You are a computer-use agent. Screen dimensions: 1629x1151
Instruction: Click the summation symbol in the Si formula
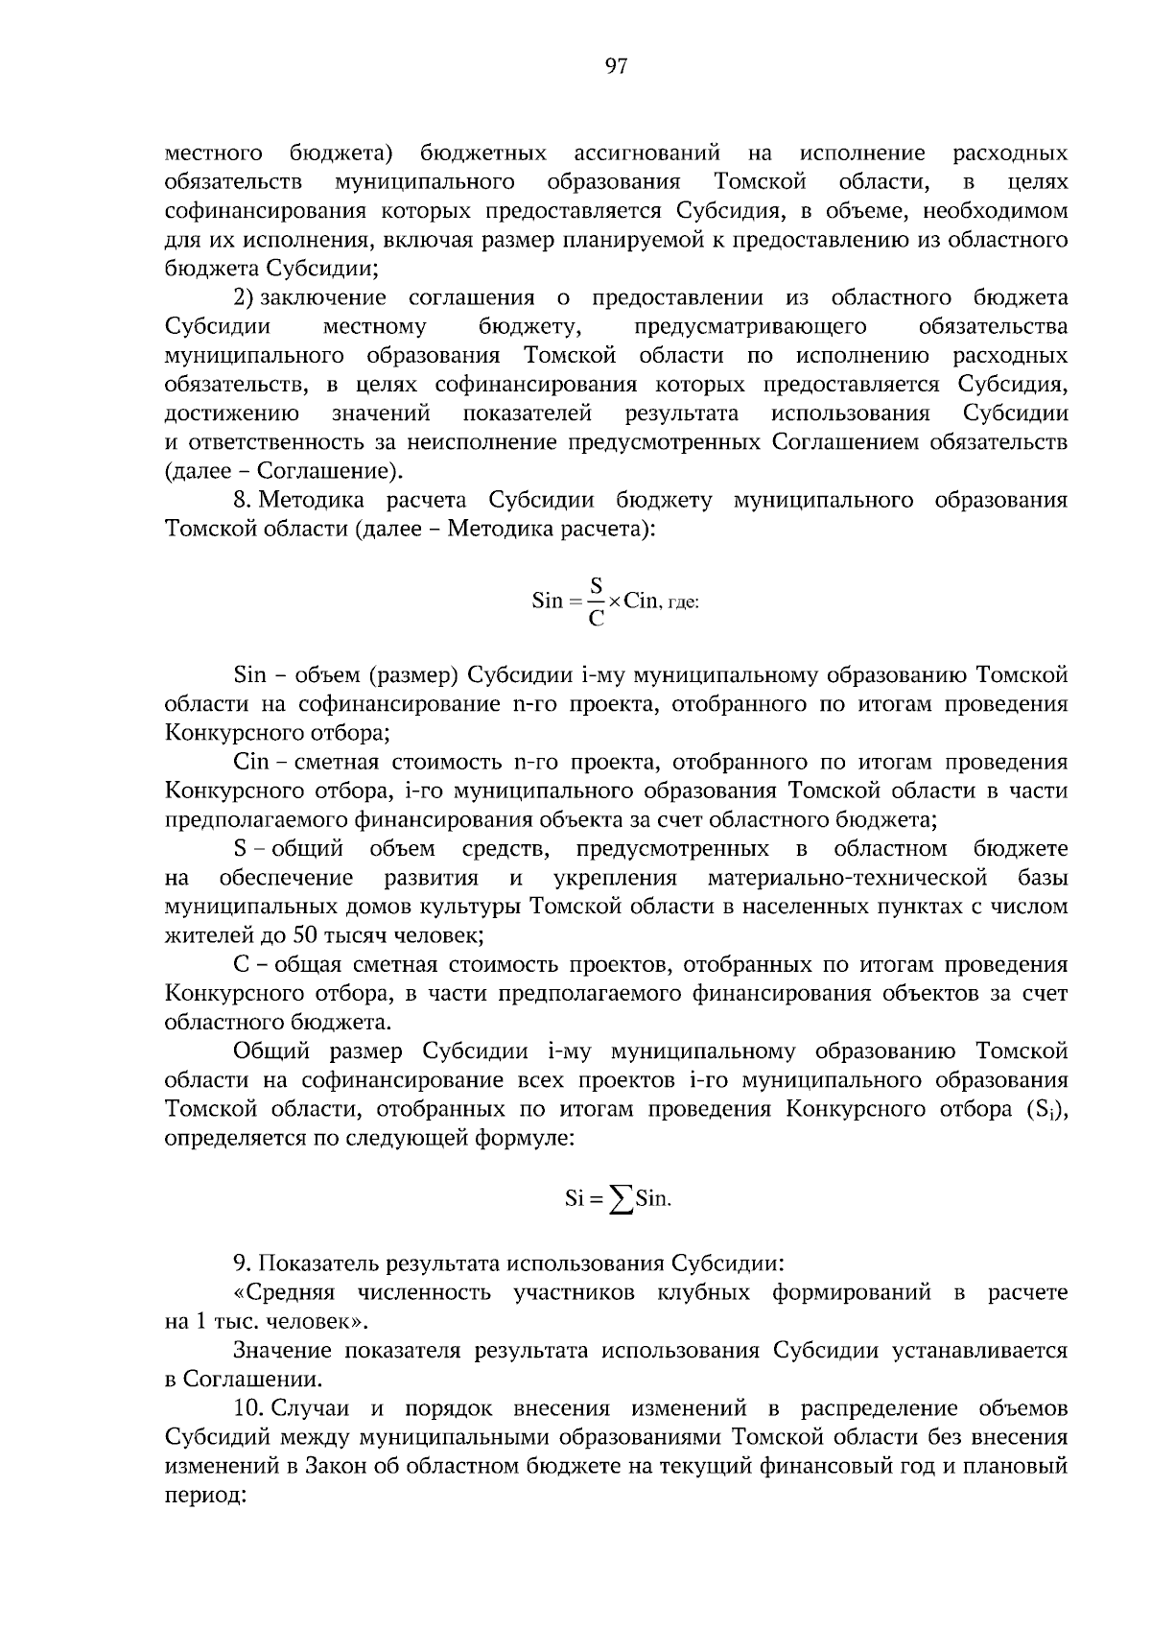click(622, 1199)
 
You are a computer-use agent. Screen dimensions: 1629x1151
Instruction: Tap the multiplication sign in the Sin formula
click(613, 602)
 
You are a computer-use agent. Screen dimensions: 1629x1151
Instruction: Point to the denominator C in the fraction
click(596, 620)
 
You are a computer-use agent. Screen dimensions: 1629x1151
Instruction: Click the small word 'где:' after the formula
click(684, 603)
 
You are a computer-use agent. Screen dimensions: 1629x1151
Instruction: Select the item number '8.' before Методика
click(243, 500)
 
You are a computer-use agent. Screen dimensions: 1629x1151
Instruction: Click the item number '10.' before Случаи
click(247, 1408)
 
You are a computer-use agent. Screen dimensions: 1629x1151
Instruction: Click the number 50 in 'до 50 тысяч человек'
click(306, 934)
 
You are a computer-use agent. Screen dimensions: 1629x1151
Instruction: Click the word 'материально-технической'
click(848, 878)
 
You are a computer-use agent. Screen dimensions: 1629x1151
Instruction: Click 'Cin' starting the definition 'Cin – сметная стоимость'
click(252, 762)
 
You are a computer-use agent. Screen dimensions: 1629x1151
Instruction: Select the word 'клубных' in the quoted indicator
click(703, 1292)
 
